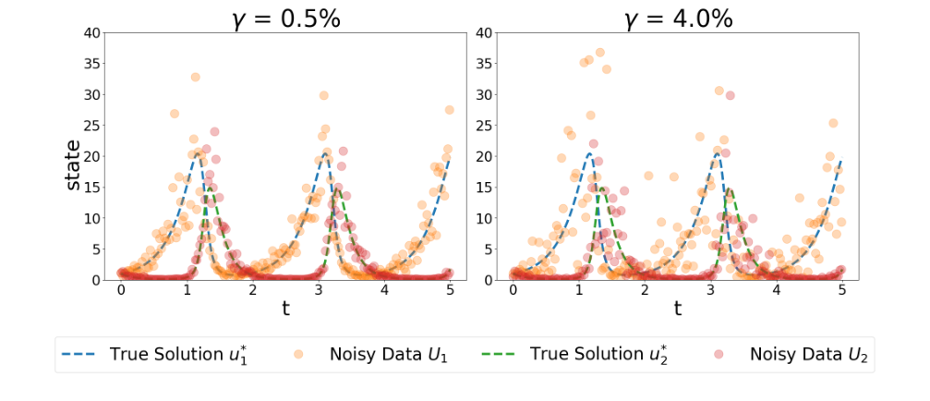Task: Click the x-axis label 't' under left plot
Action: [x=285, y=310]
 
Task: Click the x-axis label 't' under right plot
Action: [x=677, y=310]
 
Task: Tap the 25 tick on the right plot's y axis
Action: [x=483, y=126]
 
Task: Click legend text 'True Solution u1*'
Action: [x=169, y=354]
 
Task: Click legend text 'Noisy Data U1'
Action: [x=383, y=354]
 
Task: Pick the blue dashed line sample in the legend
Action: [x=79, y=354]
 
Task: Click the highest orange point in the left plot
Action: [x=195, y=77]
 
